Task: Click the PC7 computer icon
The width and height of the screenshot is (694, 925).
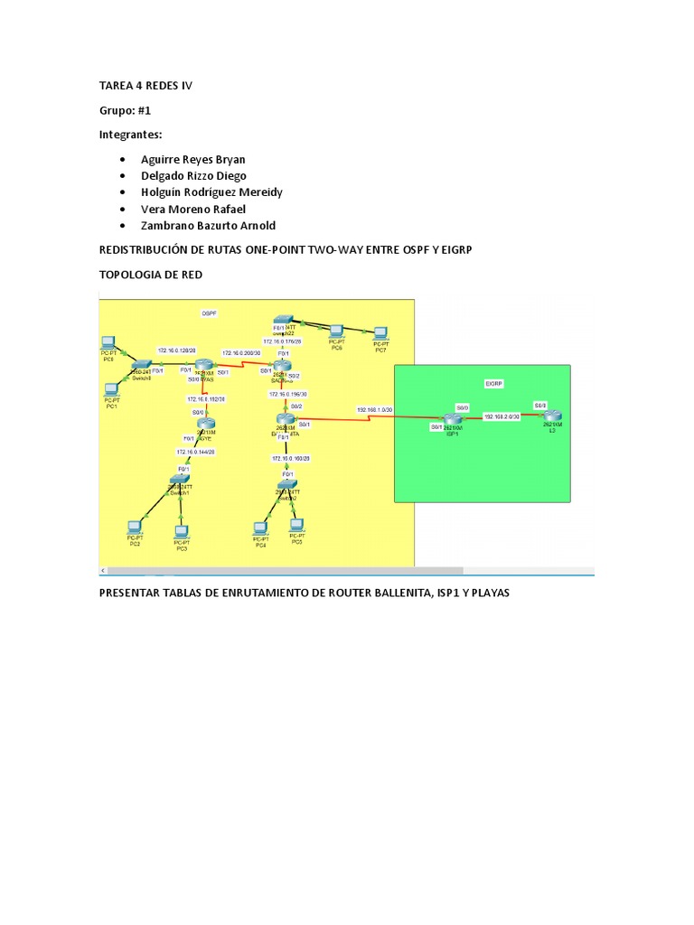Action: tap(381, 332)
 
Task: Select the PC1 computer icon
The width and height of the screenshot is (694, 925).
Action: tap(111, 390)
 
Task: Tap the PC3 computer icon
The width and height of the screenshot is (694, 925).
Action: tap(182, 532)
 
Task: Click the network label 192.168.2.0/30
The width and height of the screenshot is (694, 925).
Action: tap(502, 416)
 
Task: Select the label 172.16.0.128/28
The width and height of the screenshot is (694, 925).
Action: tap(177, 350)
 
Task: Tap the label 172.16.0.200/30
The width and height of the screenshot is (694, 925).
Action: tap(241, 352)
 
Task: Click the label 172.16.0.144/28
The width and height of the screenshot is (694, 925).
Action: tap(195, 451)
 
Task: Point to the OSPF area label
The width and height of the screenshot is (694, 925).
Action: tap(210, 313)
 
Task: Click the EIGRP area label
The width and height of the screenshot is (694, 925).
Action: tap(492, 384)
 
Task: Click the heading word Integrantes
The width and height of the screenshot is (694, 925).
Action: tap(130, 135)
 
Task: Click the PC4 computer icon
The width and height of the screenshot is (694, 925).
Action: tap(261, 528)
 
